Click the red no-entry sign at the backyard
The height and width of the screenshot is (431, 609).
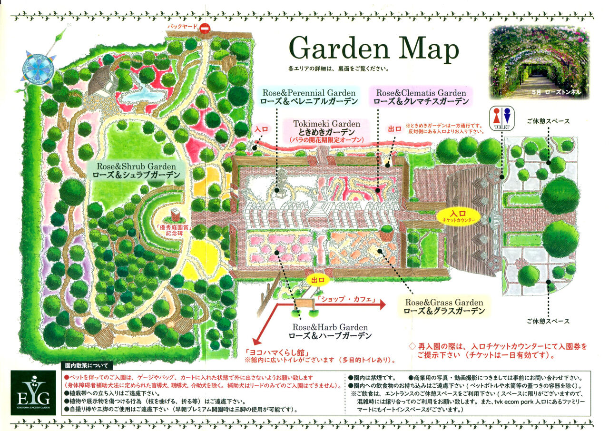pos(205,29)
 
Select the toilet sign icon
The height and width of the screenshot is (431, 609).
pos(501,118)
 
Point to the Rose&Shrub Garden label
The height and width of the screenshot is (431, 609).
pos(137,171)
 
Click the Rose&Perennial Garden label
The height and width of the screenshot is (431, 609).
pos(308,97)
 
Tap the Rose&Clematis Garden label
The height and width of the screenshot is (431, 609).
pos(421,97)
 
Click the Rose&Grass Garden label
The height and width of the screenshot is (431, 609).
pos(443,307)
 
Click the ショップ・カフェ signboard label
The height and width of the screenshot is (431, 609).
pos(345,300)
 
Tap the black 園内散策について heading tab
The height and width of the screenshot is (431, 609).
pos(87,366)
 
